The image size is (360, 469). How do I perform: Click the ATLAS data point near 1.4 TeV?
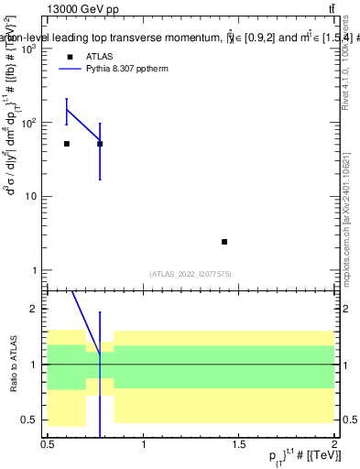[x=224, y=242]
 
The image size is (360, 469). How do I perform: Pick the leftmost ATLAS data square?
[x=67, y=144]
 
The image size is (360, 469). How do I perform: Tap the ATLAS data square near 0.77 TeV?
[x=100, y=144]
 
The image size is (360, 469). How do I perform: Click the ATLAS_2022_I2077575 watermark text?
[x=190, y=273]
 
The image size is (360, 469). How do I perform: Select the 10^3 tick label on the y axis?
[x=28, y=49]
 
